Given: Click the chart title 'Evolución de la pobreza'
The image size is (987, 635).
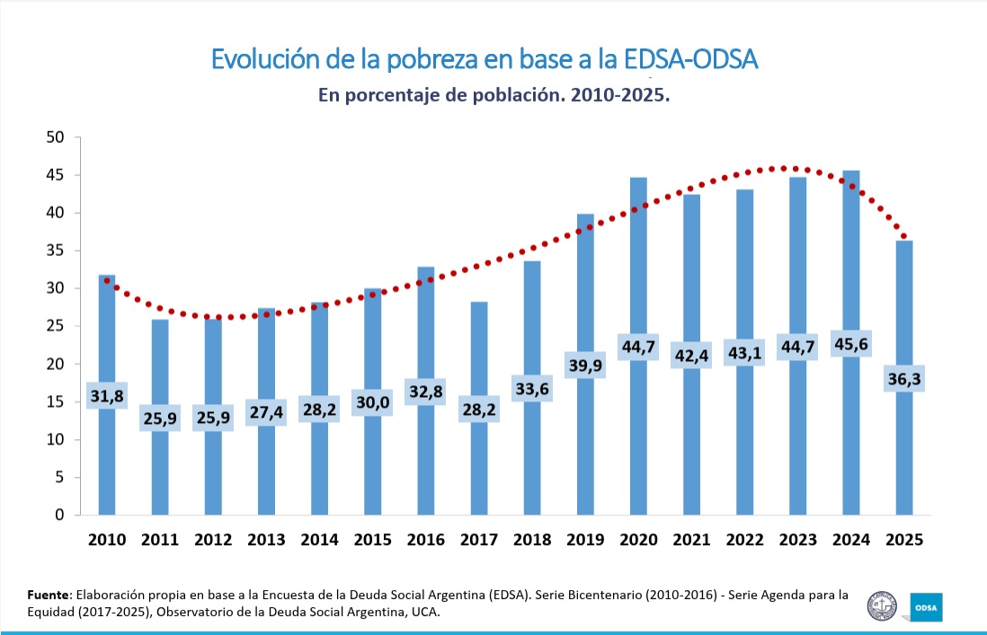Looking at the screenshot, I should click(485, 59).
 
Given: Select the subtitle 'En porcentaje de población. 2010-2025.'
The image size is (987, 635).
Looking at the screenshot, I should click(494, 95).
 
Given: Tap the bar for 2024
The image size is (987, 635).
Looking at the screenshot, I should click(849, 269).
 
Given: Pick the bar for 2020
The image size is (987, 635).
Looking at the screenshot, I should click(638, 269).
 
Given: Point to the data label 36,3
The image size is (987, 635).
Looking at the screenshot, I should click(903, 379).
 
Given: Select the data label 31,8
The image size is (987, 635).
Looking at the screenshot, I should click(107, 395).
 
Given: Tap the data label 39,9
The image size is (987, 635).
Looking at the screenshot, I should click(585, 365).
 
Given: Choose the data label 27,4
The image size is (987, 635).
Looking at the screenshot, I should click(266, 412).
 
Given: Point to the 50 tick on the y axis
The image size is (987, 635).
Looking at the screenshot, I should click(56, 137).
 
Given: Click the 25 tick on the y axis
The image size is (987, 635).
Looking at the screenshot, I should click(56, 327).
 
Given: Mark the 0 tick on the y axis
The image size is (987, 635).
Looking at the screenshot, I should click(60, 516).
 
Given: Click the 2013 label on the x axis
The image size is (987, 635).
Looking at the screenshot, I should click(266, 540).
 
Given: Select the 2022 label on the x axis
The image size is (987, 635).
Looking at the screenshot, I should click(744, 540).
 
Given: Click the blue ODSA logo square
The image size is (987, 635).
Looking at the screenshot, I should click(927, 607).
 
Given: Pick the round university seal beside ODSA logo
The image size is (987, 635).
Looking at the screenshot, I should click(882, 606).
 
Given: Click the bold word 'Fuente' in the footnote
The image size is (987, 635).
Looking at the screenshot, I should click(49, 595).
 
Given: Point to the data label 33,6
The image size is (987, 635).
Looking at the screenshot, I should click(532, 389).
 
